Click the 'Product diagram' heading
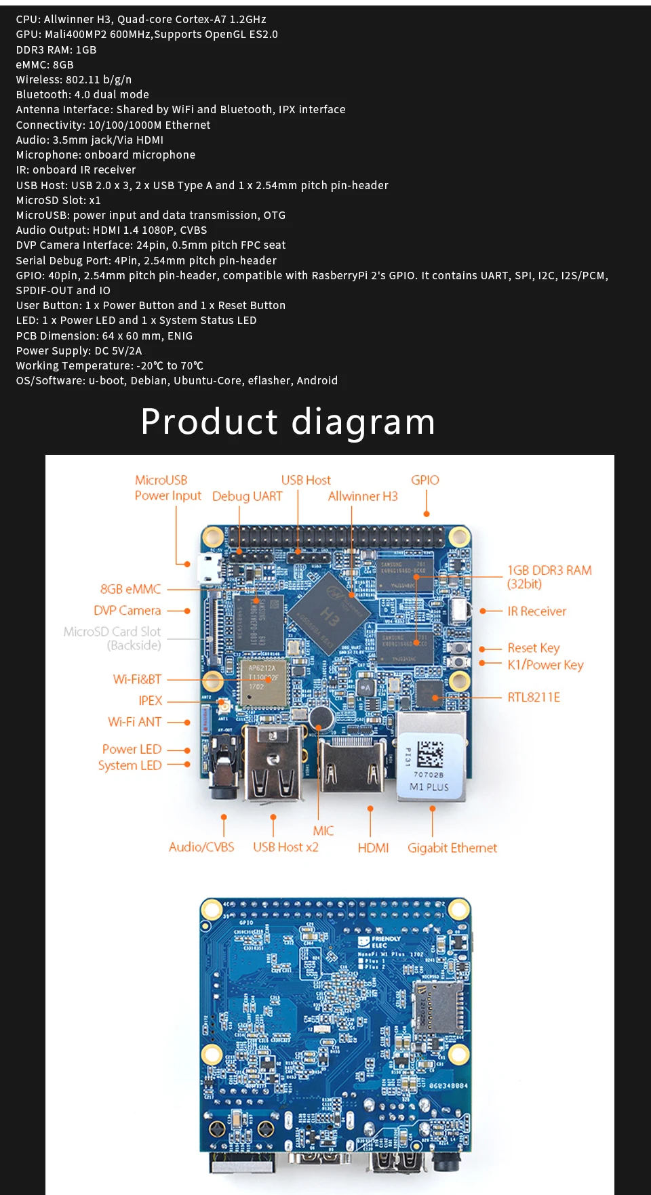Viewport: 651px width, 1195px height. coord(288,422)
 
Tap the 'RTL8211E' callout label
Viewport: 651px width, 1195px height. coord(534,697)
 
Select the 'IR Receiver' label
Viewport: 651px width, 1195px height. coord(536,611)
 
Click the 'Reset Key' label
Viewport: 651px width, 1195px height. coord(534,648)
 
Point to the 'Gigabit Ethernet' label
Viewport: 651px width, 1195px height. coord(452,848)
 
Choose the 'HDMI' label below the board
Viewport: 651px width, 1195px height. coord(373,848)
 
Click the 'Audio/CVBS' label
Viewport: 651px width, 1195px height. coord(201,847)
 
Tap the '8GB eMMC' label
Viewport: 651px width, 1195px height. coord(131,590)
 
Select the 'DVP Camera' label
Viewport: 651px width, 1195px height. coord(127,611)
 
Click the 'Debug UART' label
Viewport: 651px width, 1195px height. coord(247,496)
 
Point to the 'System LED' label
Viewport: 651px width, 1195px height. coord(130,765)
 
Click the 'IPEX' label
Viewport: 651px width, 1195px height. coord(151,701)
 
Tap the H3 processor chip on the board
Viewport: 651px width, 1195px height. coord(330,614)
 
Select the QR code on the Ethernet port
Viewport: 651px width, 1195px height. coord(429,754)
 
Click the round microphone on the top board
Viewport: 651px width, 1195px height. coord(320,717)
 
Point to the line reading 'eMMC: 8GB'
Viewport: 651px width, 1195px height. coord(45,65)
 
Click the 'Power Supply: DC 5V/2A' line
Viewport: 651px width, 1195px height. coord(79,351)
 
